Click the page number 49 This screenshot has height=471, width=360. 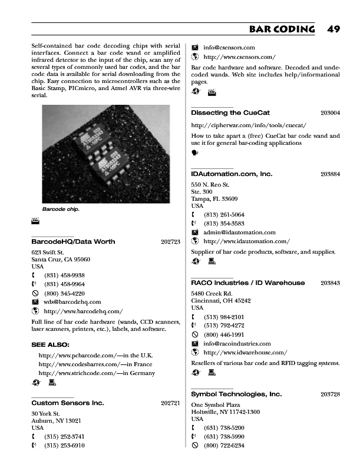[x=333, y=29]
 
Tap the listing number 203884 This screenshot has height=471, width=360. [x=330, y=174]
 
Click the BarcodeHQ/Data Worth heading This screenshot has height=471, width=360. [x=73, y=241]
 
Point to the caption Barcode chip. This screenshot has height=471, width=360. [x=61, y=209]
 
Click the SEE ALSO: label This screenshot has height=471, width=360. [x=50, y=344]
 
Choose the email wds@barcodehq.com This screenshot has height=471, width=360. [x=72, y=301]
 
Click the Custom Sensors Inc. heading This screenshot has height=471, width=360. [x=68, y=403]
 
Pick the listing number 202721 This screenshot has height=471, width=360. [x=170, y=403]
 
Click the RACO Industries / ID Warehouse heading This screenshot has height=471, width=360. [x=248, y=283]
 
